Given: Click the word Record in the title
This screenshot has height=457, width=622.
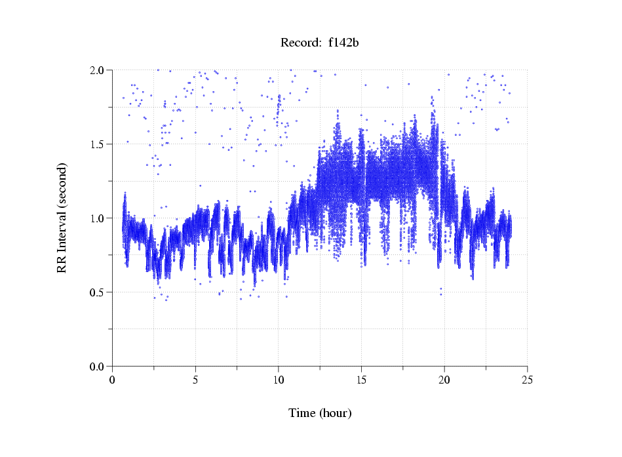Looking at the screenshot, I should tap(298, 43).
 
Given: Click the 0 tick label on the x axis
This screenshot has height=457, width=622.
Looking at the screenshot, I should tap(112, 380).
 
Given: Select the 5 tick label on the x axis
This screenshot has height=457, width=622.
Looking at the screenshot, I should tap(195, 380).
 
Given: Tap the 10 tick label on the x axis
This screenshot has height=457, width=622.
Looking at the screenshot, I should tap(279, 380).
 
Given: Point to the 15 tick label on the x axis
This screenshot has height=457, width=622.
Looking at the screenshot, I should tap(361, 380).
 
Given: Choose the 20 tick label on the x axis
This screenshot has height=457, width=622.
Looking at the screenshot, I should tap(444, 380).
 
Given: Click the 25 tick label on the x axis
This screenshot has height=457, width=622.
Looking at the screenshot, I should tap(528, 380).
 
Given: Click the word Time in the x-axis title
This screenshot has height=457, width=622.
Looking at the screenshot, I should tap(302, 413).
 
